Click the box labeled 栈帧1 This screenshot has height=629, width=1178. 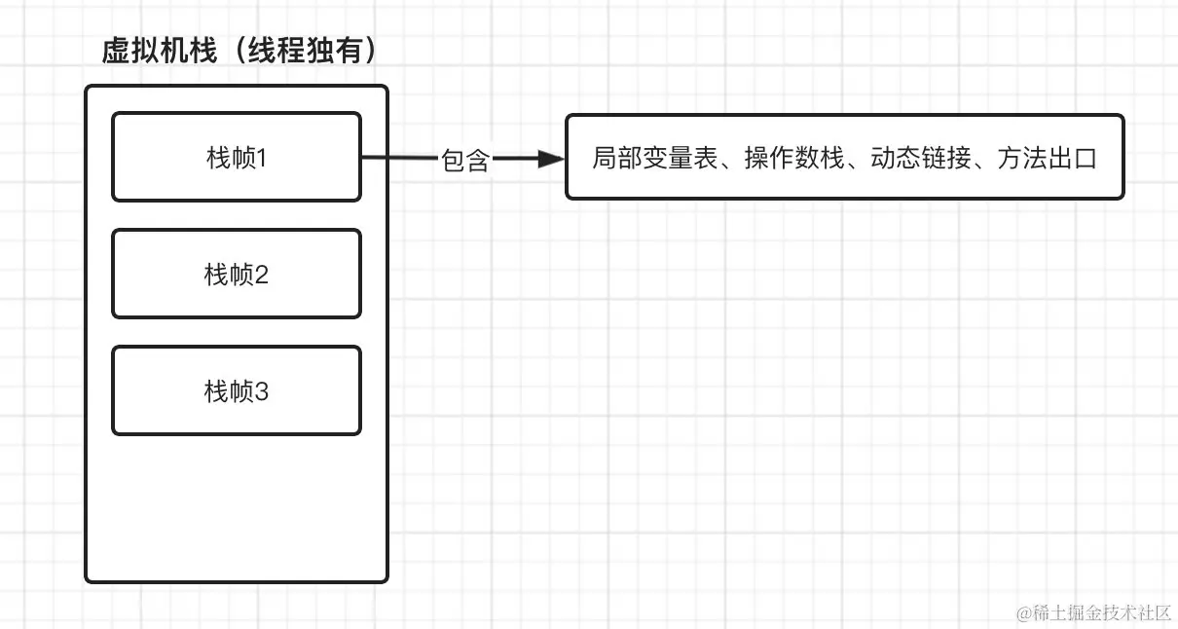click(237, 157)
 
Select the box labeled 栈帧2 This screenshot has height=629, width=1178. click(237, 275)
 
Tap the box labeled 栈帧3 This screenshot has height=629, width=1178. click(237, 391)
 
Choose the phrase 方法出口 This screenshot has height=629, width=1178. click(1047, 159)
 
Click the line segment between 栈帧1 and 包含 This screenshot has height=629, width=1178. click(399, 158)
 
